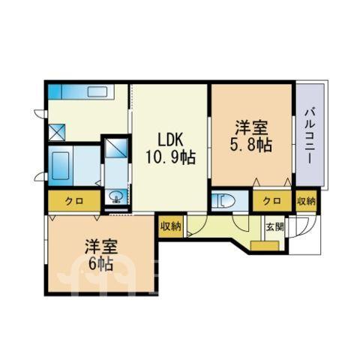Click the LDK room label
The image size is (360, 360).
[171, 141]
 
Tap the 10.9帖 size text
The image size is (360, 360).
[170, 157]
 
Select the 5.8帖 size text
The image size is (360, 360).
[250, 145]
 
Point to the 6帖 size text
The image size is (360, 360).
[101, 264]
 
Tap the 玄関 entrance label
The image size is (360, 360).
[274, 227]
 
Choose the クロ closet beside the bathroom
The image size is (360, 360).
[74, 201]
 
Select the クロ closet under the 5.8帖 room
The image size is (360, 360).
[272, 201]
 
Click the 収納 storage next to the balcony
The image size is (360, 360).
[307, 201]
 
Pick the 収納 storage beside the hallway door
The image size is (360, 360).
[171, 226]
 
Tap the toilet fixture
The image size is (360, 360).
[223, 200]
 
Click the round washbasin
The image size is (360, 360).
[116, 196]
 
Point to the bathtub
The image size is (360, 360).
[60, 166]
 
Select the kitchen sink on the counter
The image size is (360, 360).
[97, 92]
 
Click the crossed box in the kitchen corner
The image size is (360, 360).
[57, 132]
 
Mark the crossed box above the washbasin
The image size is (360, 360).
[116, 148]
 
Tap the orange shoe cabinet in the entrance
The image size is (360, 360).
[265, 245]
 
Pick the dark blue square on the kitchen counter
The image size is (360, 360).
[55, 91]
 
